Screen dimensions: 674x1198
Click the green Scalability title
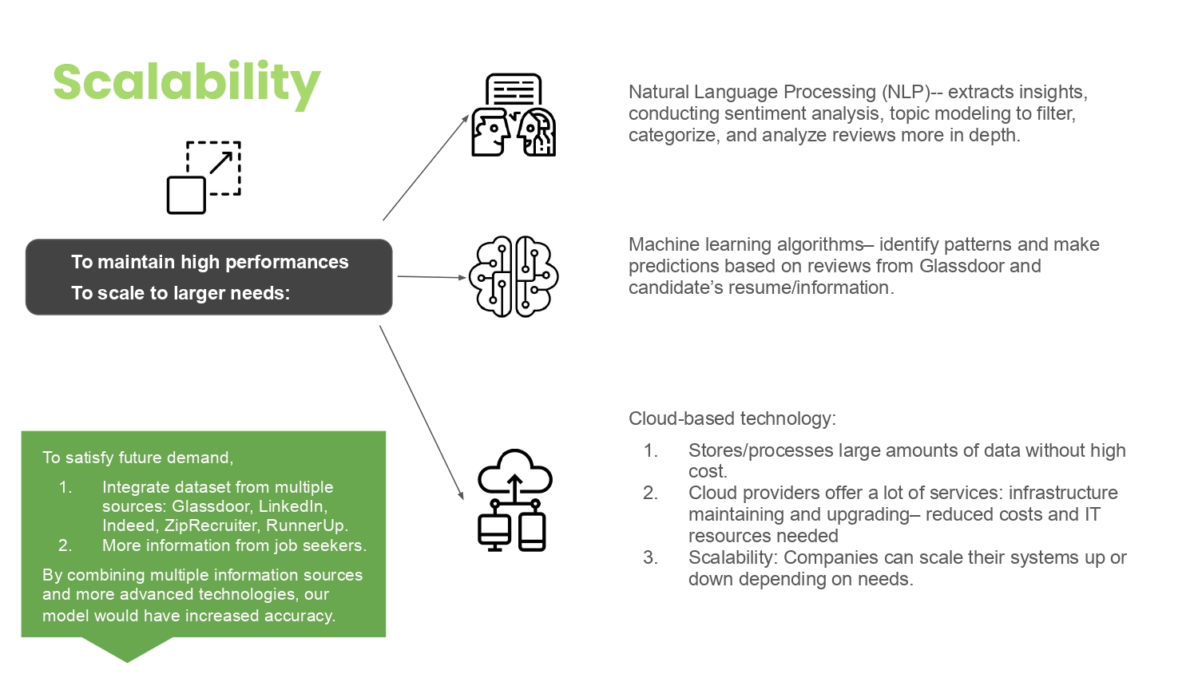tap(186, 83)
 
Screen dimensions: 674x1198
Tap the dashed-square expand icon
tap(204, 177)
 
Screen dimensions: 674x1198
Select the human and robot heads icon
tap(513, 116)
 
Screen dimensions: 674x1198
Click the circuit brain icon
tap(513, 277)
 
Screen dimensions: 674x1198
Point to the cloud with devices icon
tap(514, 501)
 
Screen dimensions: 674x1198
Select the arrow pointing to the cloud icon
tap(421, 412)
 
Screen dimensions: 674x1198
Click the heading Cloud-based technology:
tap(732, 418)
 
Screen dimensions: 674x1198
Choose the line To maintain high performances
tap(209, 262)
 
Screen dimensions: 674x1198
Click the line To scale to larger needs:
tap(180, 293)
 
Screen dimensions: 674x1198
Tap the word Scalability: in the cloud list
tap(732, 557)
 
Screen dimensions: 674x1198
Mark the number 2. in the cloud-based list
tap(651, 493)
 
